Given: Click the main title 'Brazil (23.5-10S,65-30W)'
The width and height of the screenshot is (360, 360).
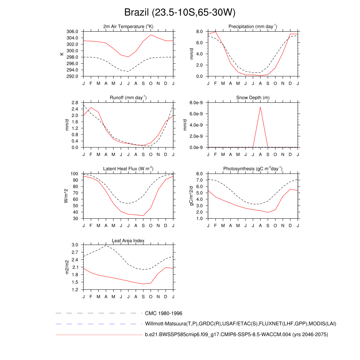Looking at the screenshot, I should point(180,13).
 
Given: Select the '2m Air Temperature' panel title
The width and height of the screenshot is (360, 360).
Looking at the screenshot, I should point(128,27).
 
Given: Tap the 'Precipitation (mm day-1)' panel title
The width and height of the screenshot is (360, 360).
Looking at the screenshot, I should point(253,27).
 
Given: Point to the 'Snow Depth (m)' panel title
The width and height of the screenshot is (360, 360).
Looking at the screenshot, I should point(253,98).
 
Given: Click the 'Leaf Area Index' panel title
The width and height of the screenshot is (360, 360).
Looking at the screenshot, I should point(128,241).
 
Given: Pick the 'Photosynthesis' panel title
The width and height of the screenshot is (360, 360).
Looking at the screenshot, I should point(253,169).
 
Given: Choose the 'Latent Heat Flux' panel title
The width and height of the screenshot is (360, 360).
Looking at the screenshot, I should point(128,169).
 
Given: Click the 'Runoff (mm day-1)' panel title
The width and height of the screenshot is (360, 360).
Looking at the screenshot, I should point(128,98).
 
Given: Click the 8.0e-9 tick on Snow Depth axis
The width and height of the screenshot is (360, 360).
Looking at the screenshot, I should point(197,103).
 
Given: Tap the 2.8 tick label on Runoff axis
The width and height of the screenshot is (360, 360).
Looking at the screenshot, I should point(75,103).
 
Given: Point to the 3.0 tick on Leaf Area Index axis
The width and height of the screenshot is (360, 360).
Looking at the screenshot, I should point(75,245).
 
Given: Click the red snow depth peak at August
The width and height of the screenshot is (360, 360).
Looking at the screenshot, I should point(260,107).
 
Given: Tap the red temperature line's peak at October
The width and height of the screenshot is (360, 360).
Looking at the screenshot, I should point(151,34).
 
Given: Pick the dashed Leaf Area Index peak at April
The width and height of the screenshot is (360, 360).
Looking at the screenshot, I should point(106,245).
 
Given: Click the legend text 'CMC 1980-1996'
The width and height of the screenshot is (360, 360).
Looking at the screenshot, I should point(163,313).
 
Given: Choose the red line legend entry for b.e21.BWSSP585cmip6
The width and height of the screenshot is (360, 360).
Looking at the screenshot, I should point(236,335).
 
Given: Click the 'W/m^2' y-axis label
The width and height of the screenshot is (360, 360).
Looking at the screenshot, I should point(65,196).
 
